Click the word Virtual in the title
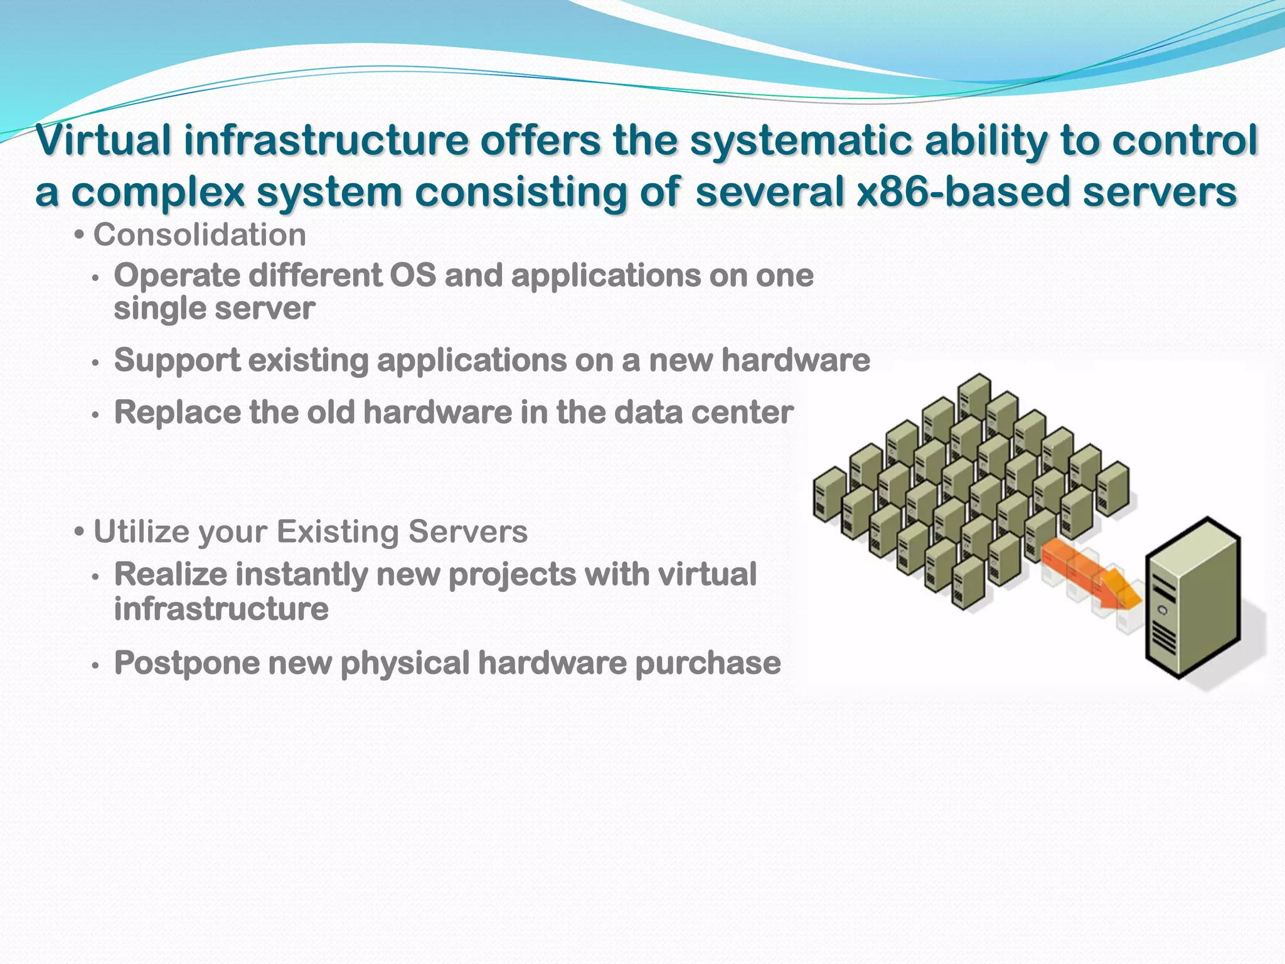coord(104,141)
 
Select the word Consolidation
coord(200,235)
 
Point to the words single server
coord(214,309)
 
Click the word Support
coord(177,361)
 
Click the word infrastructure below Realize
coord(221,609)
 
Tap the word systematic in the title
coord(801,141)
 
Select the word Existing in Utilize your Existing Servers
coord(337,532)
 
